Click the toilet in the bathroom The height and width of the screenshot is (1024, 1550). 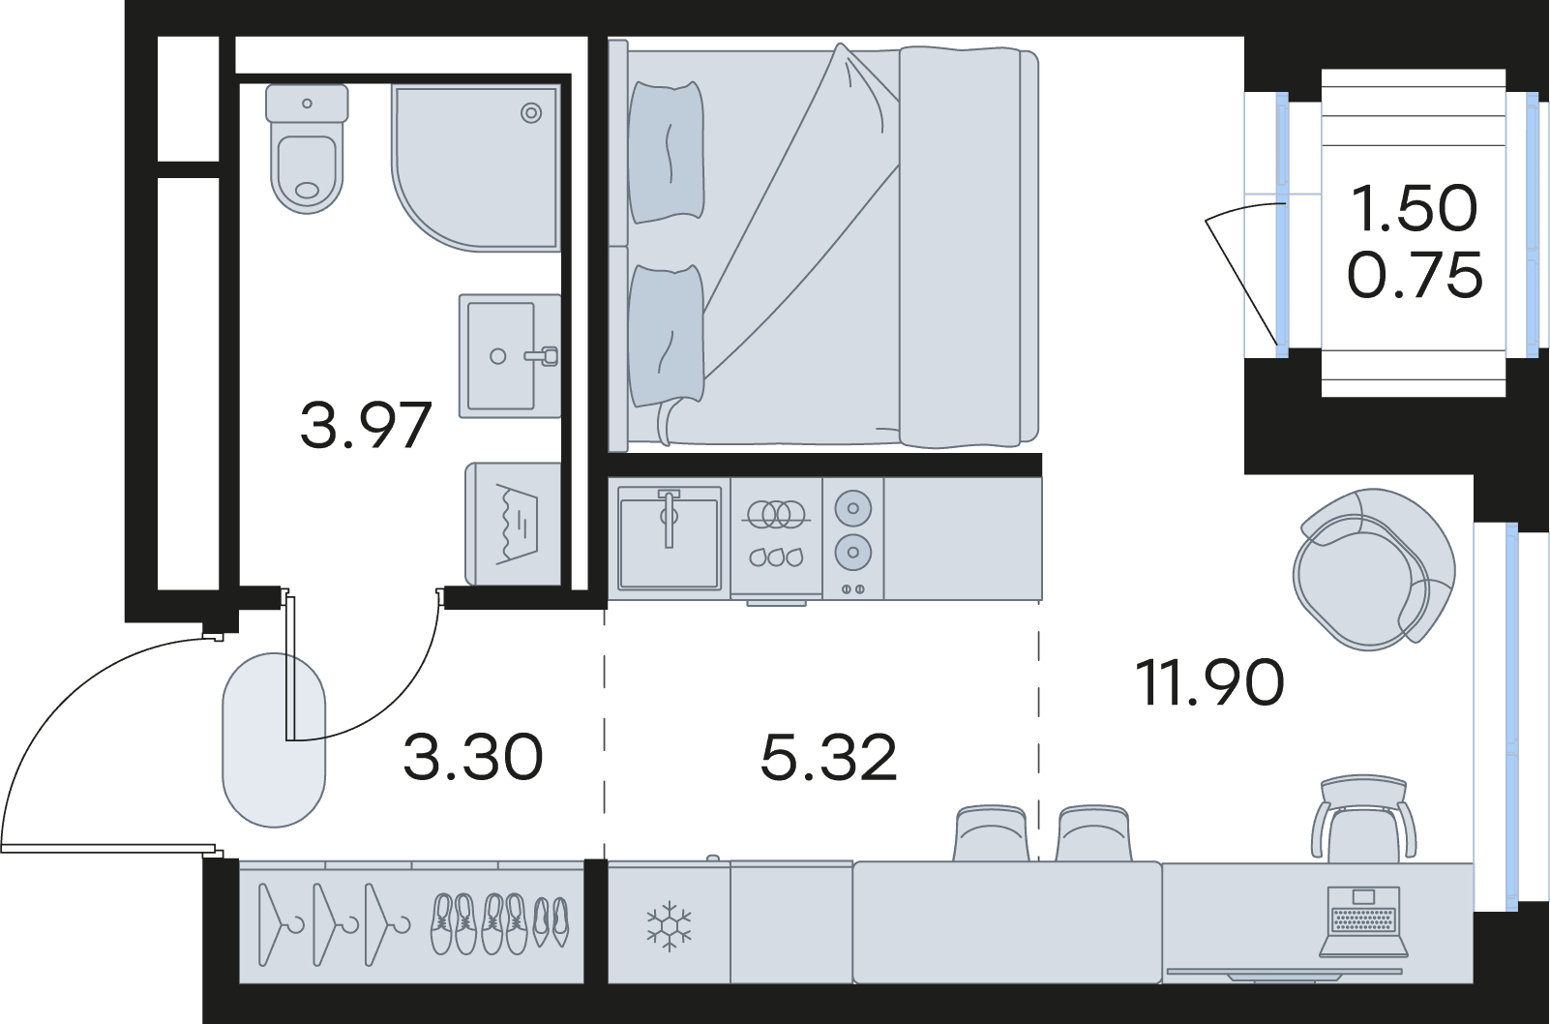coord(307,149)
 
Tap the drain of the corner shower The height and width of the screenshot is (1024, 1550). coord(531,113)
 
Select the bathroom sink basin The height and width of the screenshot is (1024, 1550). coord(509,356)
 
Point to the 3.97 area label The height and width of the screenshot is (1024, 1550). coord(366,426)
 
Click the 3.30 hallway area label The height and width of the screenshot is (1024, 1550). coord(473,758)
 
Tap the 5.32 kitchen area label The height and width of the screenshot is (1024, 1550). coord(828,758)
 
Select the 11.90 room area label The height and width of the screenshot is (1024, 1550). coord(1210,682)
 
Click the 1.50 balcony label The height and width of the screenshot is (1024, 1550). coord(1413,208)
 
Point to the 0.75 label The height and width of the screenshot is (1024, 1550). coord(1416,274)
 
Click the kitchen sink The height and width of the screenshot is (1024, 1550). coord(670,538)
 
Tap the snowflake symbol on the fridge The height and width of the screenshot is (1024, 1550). coord(670,925)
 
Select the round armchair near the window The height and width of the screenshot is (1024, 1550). coord(1374,569)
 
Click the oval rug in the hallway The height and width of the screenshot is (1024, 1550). coord(274,739)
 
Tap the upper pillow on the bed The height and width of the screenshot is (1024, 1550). coord(667,152)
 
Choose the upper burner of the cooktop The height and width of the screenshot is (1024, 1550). coord(852,508)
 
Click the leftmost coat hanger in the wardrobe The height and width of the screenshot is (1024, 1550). coord(278,923)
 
